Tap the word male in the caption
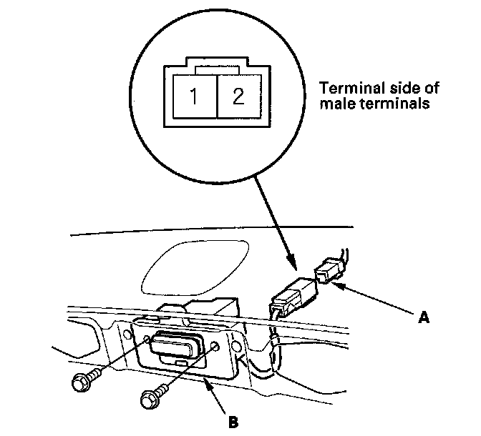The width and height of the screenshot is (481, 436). pos(335,104)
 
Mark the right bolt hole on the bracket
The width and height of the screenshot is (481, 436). pos(215,348)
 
